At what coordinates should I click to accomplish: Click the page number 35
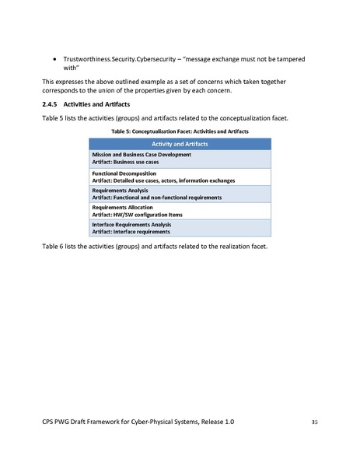pos(314,421)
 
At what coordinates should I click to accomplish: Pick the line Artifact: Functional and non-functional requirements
pos(156,198)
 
